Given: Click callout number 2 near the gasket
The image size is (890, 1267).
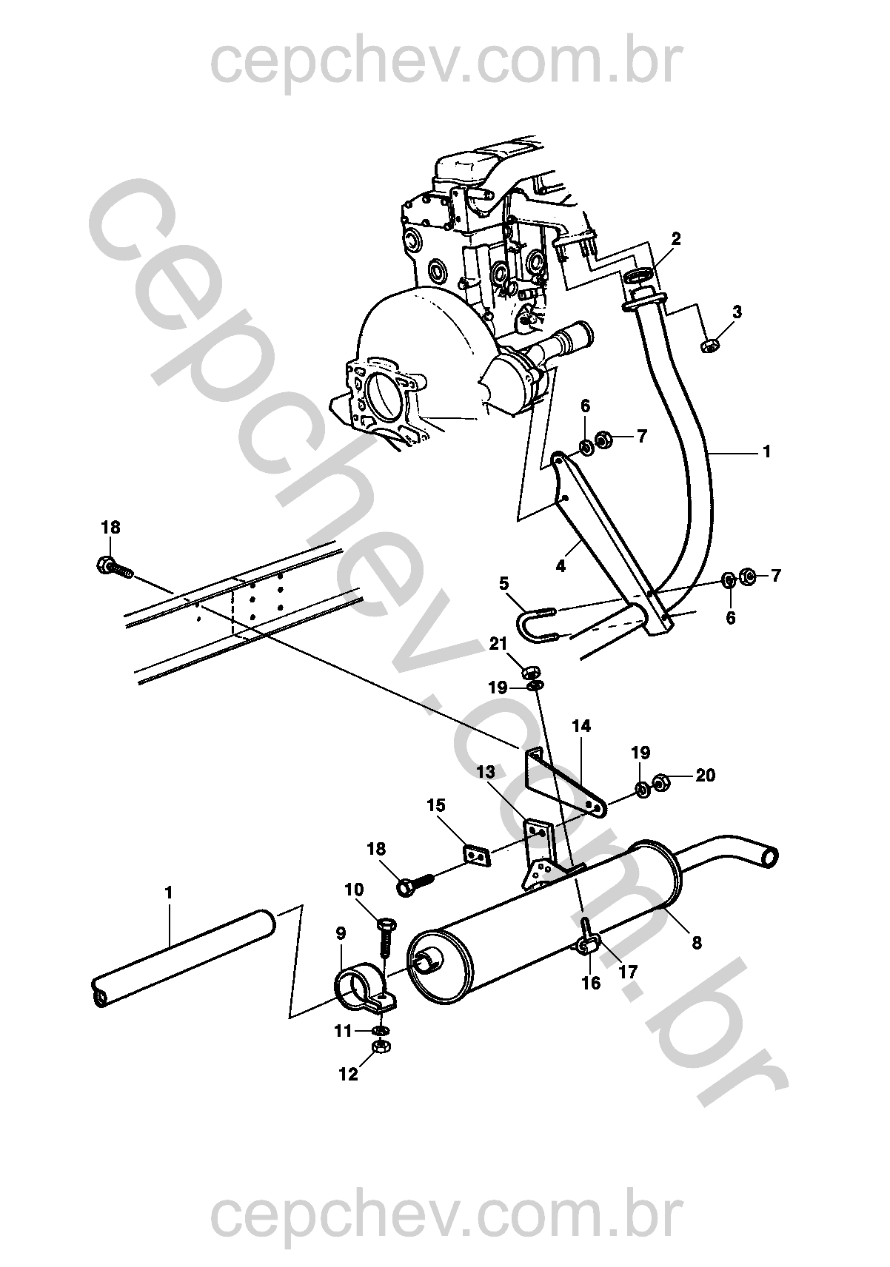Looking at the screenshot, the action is coord(675,239).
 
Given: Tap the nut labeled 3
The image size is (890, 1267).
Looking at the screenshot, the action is coord(709,344).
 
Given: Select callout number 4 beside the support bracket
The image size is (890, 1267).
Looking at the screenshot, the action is coord(561,565).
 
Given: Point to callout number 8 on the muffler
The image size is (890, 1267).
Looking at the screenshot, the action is coord(696,942).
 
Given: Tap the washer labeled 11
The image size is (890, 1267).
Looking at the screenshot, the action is coord(382,1029).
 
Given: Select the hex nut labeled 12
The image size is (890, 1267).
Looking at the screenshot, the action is coord(381,1046).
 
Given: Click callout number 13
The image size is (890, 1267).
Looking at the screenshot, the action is coord(486,771).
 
